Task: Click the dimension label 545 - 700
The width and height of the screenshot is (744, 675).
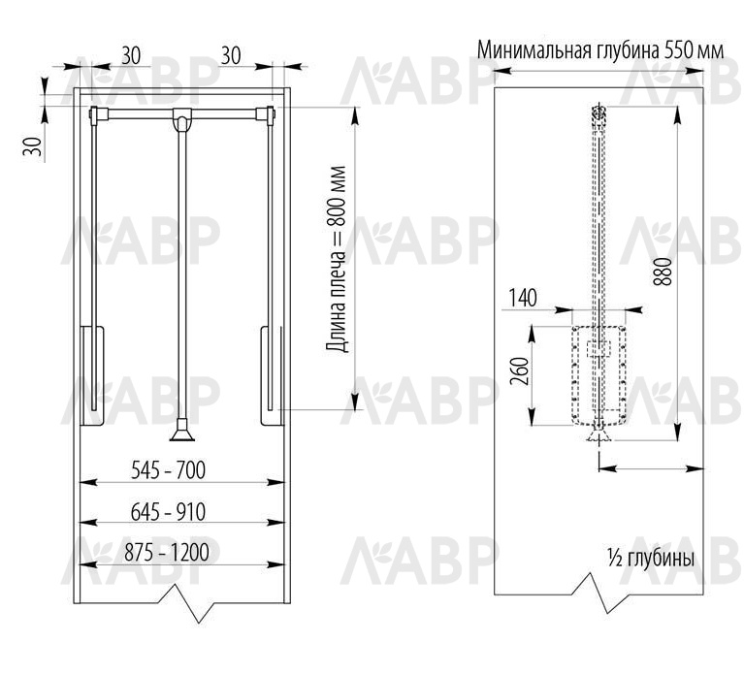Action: coord(168,470)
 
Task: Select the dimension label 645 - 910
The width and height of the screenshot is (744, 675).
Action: coord(168,512)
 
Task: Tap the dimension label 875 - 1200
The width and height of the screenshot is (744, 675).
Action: coord(167,553)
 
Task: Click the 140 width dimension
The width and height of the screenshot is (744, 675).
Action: coord(523,298)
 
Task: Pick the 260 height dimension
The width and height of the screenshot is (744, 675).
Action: coord(520,371)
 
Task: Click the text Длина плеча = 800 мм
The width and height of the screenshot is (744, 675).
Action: coord(337,259)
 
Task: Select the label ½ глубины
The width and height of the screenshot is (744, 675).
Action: coord(651,559)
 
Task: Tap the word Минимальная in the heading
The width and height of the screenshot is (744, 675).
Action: coord(534,50)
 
